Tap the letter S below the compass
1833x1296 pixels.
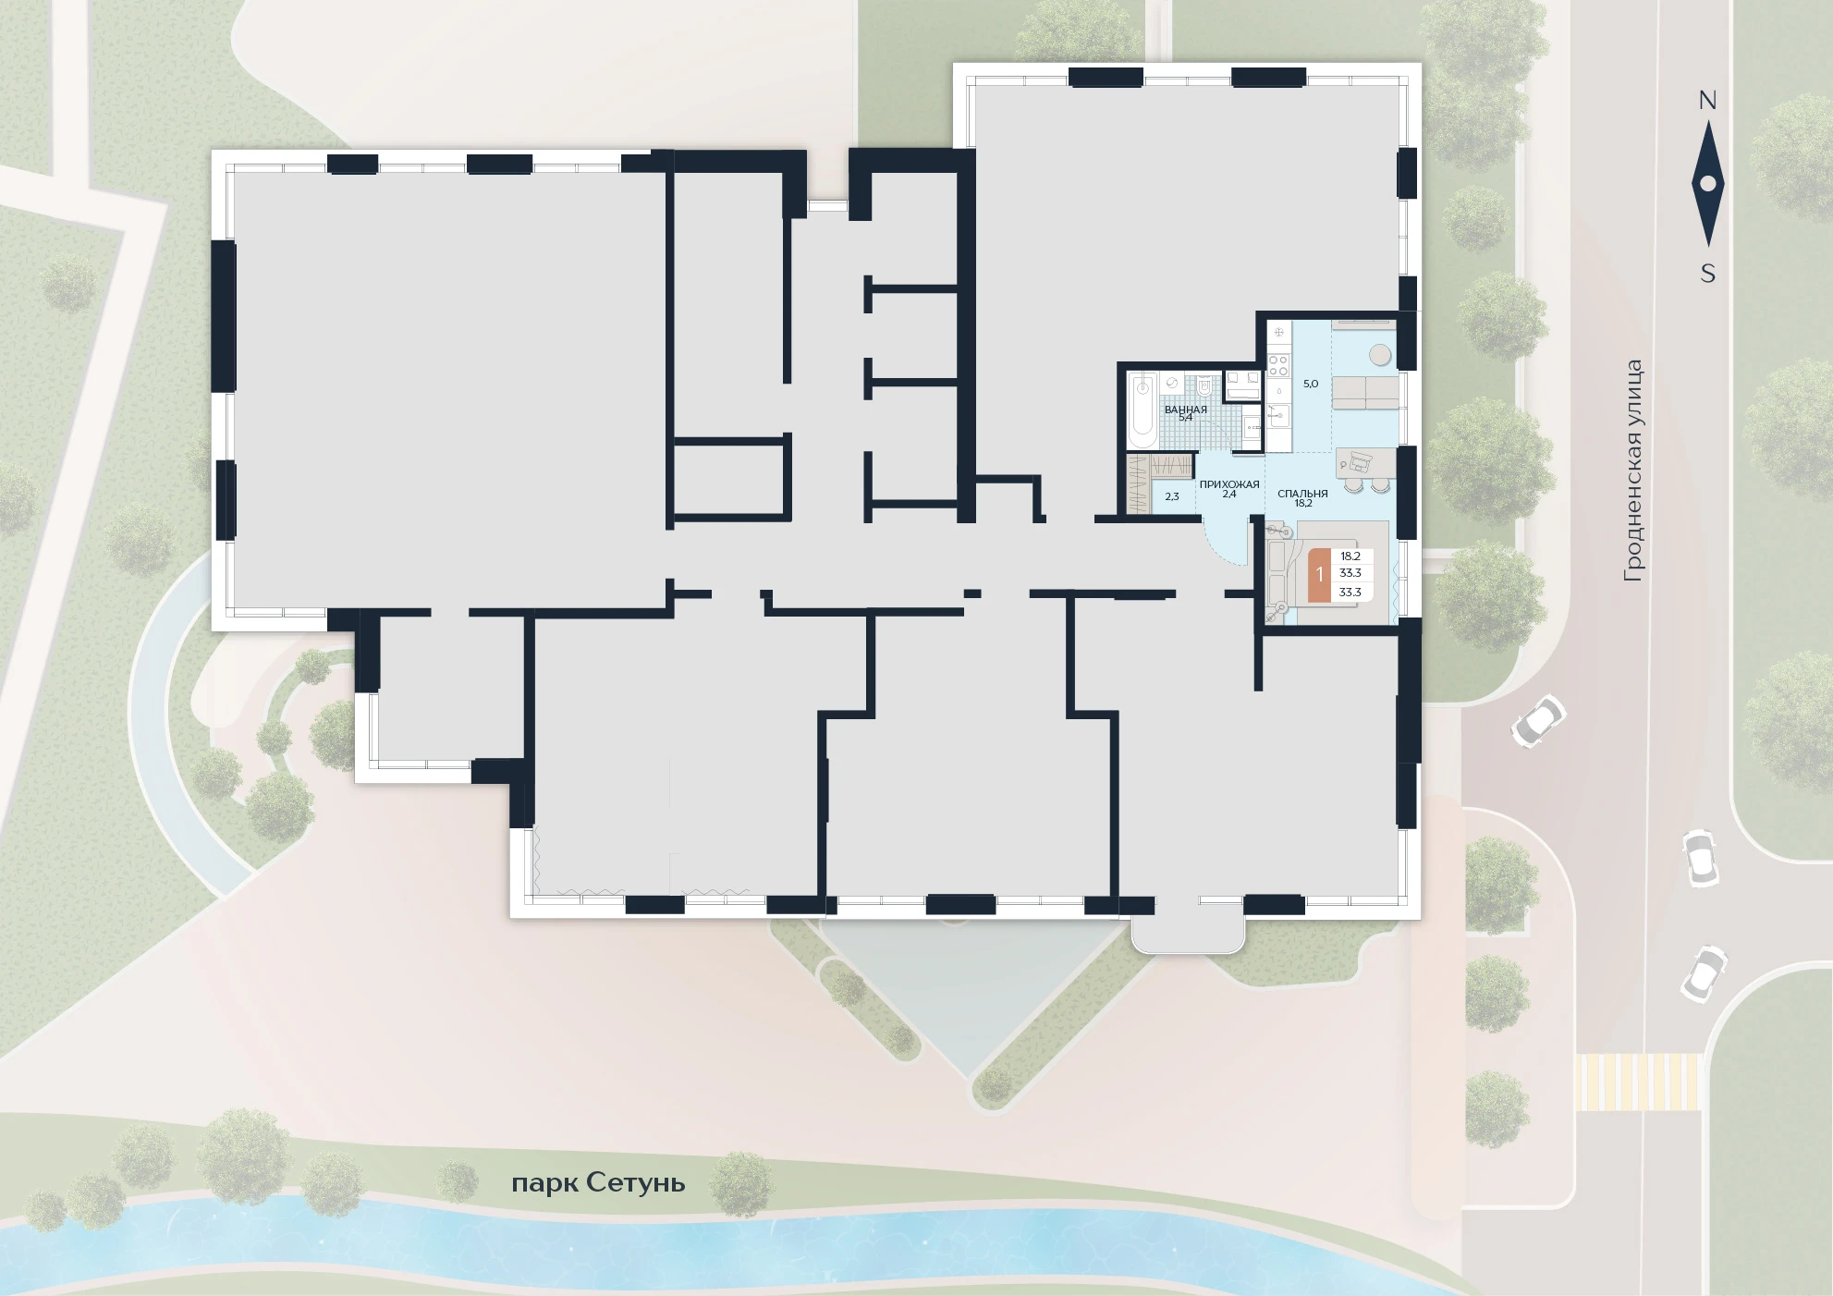point(1708,274)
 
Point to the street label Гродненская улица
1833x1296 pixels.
point(1634,471)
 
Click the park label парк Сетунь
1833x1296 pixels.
point(598,1183)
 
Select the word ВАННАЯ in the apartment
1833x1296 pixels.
point(1186,410)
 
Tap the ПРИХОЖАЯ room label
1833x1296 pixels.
point(1229,484)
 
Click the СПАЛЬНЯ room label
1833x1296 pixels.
point(1302,494)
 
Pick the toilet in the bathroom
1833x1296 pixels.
point(1204,387)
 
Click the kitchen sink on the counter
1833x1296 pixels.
point(1279,416)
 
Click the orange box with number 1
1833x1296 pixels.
point(1320,574)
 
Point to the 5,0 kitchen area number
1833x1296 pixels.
point(1311,383)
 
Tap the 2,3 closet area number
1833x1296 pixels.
point(1172,496)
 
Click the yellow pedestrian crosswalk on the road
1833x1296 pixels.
point(1638,1082)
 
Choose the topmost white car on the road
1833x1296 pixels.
point(1537,720)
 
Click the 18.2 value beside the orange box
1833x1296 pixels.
point(1350,556)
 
